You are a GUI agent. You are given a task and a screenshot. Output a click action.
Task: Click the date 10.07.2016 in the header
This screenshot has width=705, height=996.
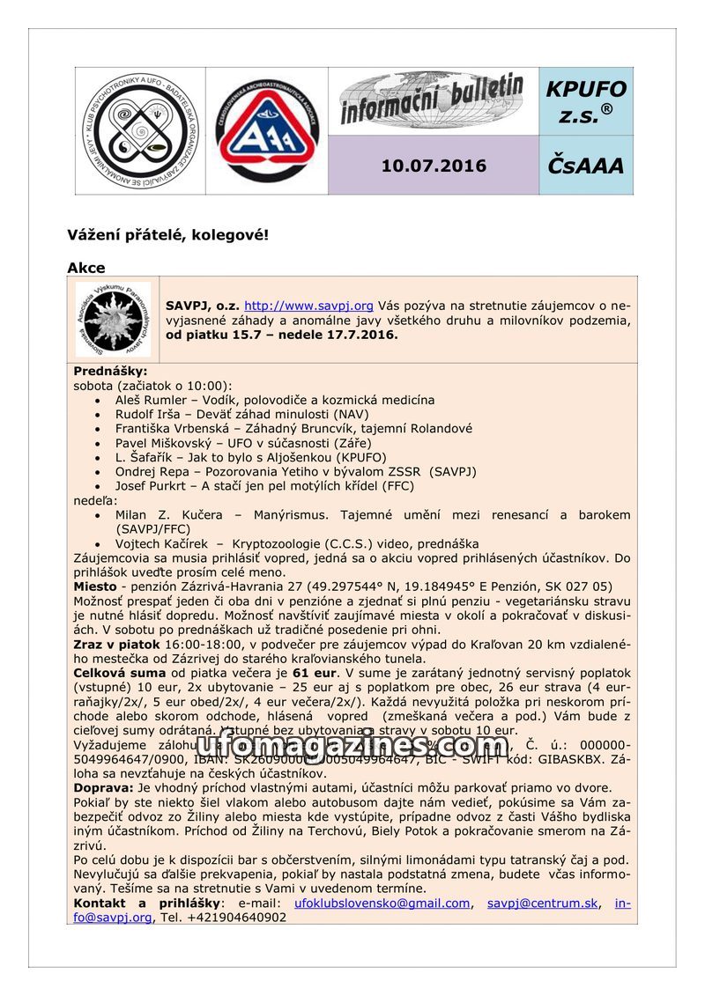[x=434, y=166]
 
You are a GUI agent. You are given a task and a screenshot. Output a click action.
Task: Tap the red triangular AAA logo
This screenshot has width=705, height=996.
[x=266, y=131]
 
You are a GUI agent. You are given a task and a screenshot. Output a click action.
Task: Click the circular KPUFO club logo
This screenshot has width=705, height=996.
[x=139, y=131]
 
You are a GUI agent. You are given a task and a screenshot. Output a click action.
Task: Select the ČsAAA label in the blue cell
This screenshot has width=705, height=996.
[x=585, y=166]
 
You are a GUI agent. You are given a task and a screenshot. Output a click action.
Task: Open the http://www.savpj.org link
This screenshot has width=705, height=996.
[x=308, y=306]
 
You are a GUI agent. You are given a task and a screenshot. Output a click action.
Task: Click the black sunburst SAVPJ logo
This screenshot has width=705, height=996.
[x=114, y=319]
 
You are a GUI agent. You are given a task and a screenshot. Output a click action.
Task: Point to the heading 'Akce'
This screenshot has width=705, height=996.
[x=85, y=268]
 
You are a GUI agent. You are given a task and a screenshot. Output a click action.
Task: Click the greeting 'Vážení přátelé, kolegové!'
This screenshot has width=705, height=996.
[x=167, y=235]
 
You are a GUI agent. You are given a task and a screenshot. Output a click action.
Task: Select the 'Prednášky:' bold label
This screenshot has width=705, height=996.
[x=110, y=372]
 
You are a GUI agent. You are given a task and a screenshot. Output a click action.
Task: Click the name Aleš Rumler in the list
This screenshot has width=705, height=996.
[x=149, y=400]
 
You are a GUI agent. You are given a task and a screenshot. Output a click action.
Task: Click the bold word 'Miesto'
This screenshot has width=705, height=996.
[x=95, y=587]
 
